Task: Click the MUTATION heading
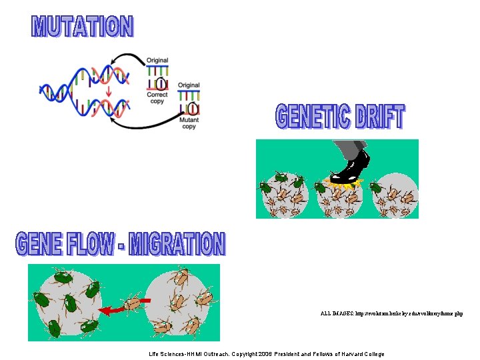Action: tap(83, 27)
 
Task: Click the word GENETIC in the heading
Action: tap(312, 118)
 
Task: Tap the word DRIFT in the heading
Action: tap(380, 118)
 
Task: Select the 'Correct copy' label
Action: tap(157, 98)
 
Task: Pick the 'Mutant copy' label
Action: tap(189, 123)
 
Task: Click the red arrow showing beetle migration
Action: tap(119, 309)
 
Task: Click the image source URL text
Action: tap(391, 313)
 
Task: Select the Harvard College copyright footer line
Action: tap(267, 354)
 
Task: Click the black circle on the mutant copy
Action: tap(193, 108)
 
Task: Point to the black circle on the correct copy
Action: tap(161, 83)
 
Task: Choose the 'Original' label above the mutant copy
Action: tap(189, 85)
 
